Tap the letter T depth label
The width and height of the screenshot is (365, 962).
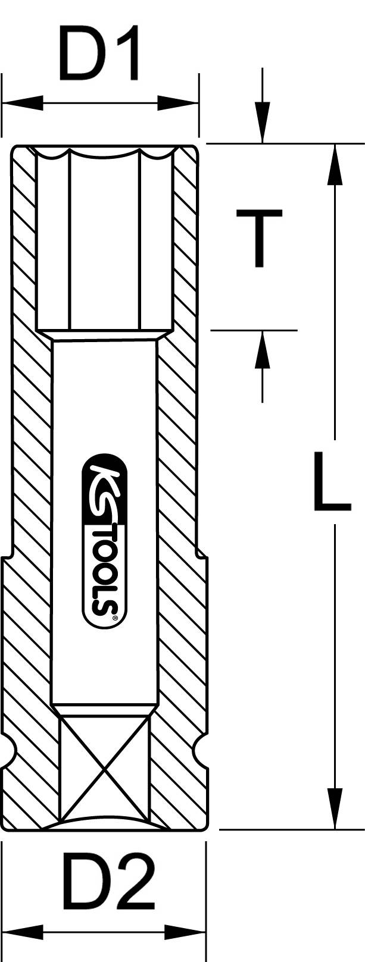click(258, 239)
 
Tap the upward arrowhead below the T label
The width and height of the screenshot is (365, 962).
click(263, 350)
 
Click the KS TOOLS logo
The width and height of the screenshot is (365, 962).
click(104, 541)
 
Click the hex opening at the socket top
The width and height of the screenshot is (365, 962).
click(104, 238)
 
